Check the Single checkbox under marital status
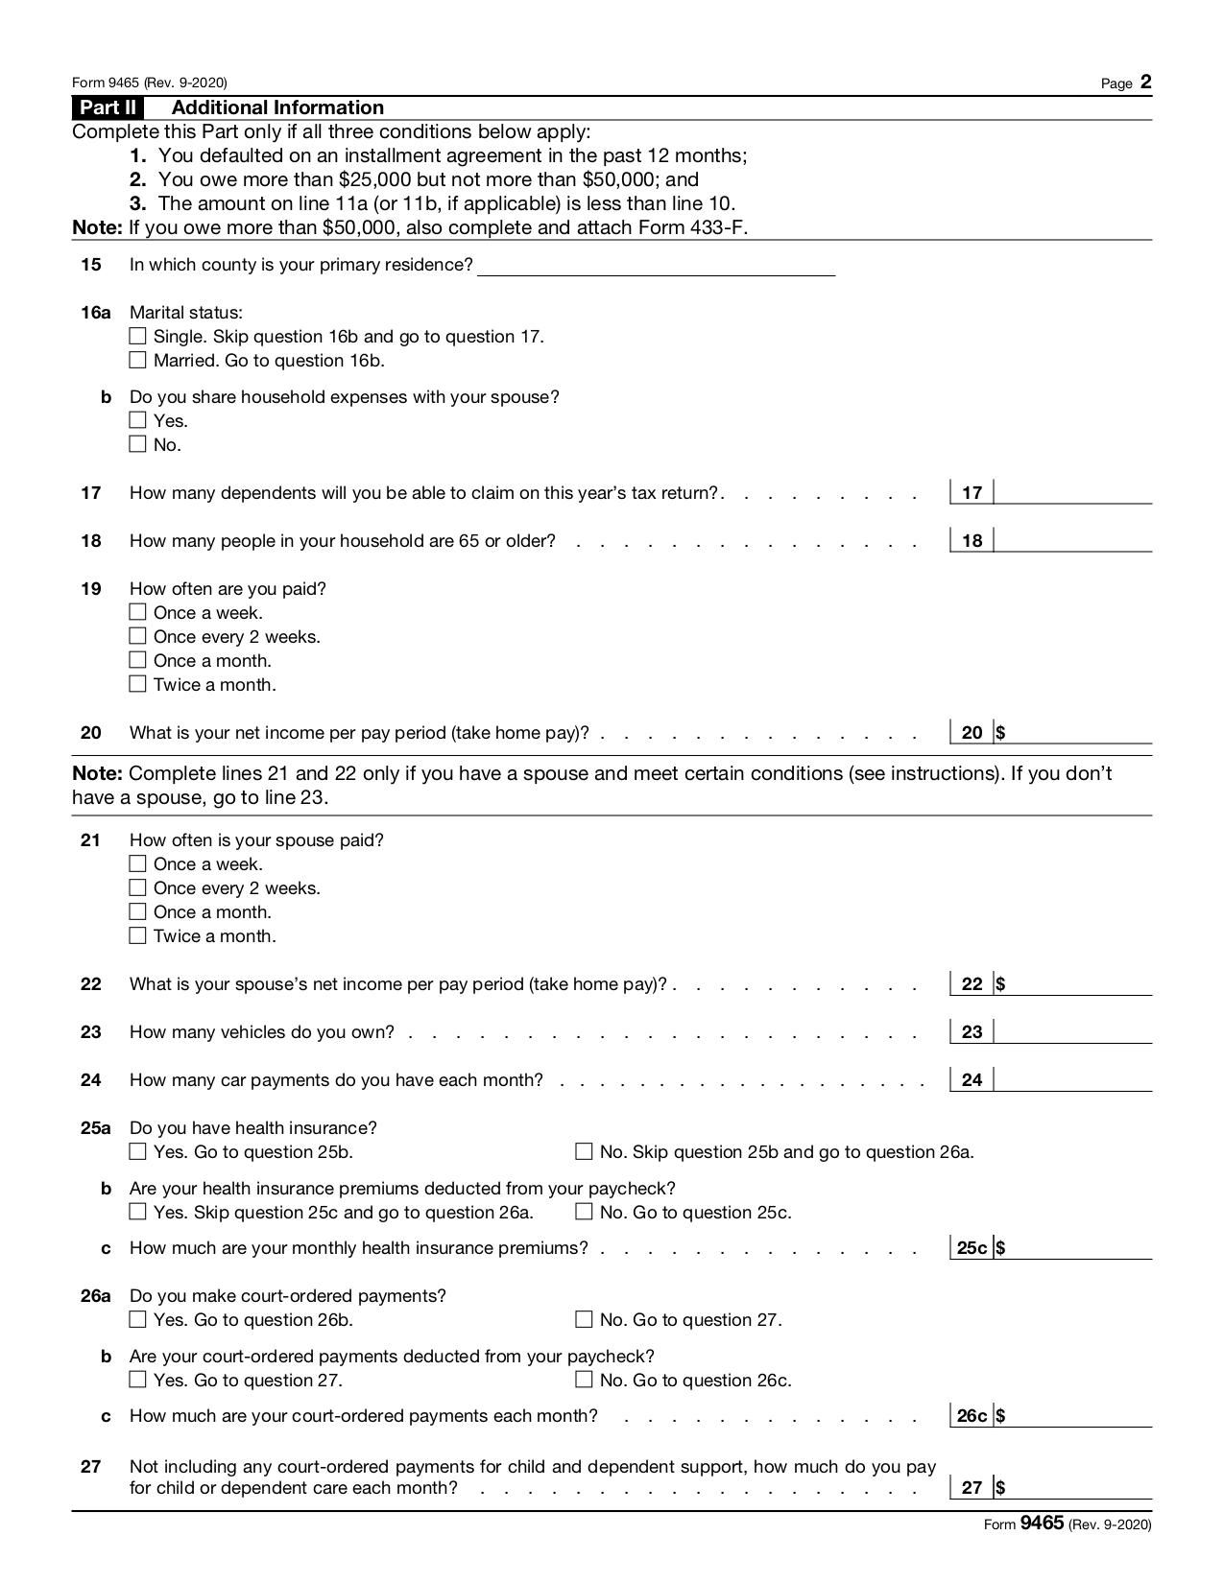coord(137,336)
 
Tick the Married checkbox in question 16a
coord(137,360)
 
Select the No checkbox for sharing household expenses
coord(137,443)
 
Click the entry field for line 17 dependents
coord(1072,492)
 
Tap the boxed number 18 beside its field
coord(972,540)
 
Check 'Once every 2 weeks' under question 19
coord(137,636)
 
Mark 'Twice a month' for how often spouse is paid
coord(137,935)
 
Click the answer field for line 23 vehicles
coord(1072,1031)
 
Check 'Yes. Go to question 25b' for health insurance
coord(137,1151)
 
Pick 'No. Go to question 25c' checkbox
coord(584,1212)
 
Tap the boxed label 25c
coord(972,1247)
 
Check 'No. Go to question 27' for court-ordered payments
coord(584,1319)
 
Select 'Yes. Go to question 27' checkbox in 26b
coord(137,1380)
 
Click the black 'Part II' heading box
coord(108,107)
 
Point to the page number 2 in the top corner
coord(1145,83)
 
